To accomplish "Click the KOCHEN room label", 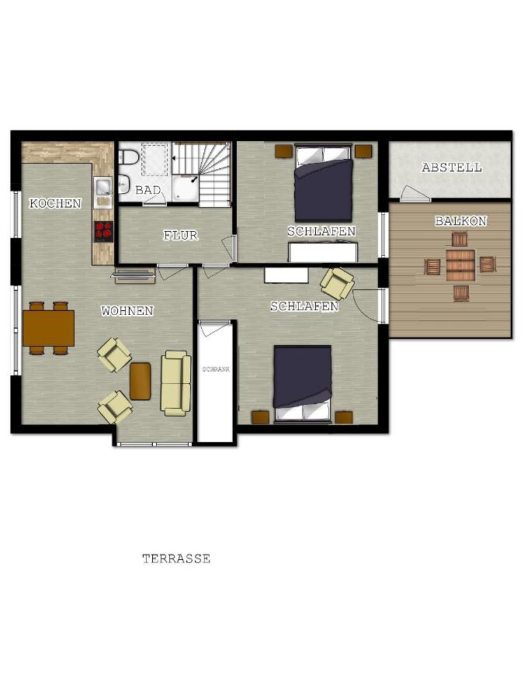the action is click(x=55, y=203).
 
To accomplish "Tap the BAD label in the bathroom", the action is click(x=148, y=190).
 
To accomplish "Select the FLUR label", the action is click(x=180, y=235).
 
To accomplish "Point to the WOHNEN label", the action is click(x=127, y=311).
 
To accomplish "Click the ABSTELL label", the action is click(x=452, y=168).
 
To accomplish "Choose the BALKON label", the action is click(x=460, y=221).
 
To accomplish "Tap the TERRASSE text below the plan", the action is click(x=176, y=558).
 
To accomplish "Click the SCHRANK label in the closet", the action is click(x=216, y=369).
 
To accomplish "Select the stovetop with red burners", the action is click(x=103, y=231).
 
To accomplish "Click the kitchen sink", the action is click(x=103, y=186).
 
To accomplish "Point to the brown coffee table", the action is click(x=141, y=382).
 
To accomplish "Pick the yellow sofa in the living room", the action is click(x=175, y=383).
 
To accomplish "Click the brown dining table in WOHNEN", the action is click(x=48, y=328).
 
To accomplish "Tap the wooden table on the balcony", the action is click(x=460, y=266).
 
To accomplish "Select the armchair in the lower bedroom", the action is click(x=338, y=283).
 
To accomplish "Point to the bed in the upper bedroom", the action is click(x=324, y=183).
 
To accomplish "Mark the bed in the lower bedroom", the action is click(x=303, y=383).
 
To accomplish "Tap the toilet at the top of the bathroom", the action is click(x=128, y=156).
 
